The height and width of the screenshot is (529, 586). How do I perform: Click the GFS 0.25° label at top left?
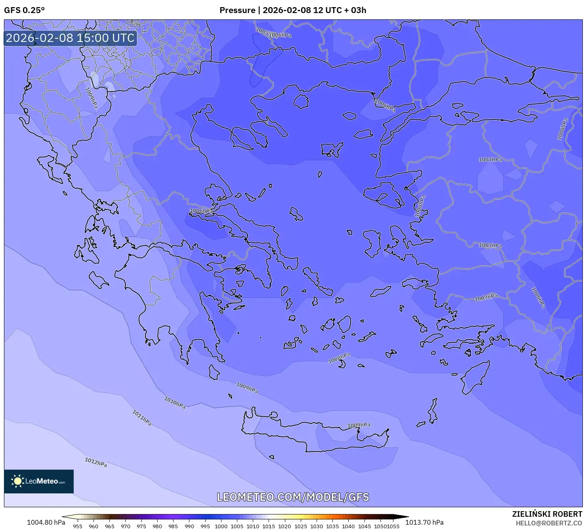[24, 10]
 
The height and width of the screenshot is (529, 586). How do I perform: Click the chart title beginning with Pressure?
[292, 10]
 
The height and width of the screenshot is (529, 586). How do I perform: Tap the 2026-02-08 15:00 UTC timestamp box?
[70, 38]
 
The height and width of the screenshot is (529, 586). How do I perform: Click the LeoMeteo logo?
[39, 481]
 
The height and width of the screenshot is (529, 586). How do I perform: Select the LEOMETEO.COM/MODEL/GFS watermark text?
[293, 497]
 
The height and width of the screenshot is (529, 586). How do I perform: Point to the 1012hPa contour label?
[96, 462]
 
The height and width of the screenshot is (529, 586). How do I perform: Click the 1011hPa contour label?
[142, 418]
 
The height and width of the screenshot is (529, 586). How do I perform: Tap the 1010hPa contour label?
[175, 403]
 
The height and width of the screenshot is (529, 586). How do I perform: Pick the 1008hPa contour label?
[339, 358]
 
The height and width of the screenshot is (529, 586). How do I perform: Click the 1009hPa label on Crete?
[359, 425]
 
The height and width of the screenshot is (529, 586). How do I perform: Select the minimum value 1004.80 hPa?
[46, 522]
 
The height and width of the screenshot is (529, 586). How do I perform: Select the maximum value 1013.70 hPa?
[424, 522]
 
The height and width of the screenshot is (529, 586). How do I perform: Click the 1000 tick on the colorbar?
[221, 526]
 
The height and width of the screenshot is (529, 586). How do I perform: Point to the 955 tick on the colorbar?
[78, 526]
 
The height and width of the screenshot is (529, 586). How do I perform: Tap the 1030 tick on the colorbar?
[317, 526]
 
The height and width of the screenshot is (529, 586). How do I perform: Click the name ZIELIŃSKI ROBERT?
[547, 514]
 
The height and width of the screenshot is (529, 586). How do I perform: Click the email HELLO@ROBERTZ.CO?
[548, 523]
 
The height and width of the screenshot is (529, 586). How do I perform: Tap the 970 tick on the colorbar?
[126, 526]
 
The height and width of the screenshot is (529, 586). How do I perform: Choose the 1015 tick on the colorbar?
[269, 526]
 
